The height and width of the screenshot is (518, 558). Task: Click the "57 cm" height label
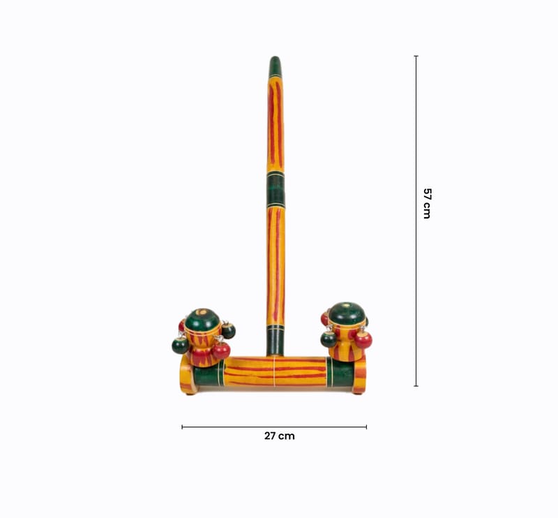point(427,203)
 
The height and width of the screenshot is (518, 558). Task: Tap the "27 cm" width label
point(280,436)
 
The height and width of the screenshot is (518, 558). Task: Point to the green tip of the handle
point(275,66)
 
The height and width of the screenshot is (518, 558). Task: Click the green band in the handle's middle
point(276,189)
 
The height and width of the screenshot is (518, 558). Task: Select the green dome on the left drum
point(202,319)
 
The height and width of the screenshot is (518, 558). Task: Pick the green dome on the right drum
point(347,313)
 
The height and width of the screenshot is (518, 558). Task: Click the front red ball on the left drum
point(221,350)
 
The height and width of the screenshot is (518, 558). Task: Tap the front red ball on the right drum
point(363,339)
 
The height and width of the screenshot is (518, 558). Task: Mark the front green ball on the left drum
point(181,345)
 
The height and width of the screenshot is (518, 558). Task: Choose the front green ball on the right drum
point(329,339)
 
